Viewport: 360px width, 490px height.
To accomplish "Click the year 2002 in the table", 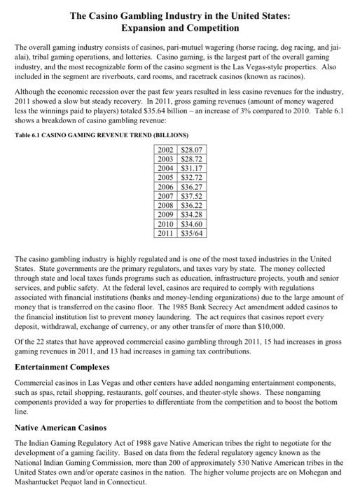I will click(166, 150).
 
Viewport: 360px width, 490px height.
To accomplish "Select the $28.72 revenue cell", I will click(191, 159).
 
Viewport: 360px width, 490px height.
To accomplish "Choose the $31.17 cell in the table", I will click(191, 169).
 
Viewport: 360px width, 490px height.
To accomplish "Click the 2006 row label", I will click(166, 188).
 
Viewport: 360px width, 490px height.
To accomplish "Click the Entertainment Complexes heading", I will click(62, 367).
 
